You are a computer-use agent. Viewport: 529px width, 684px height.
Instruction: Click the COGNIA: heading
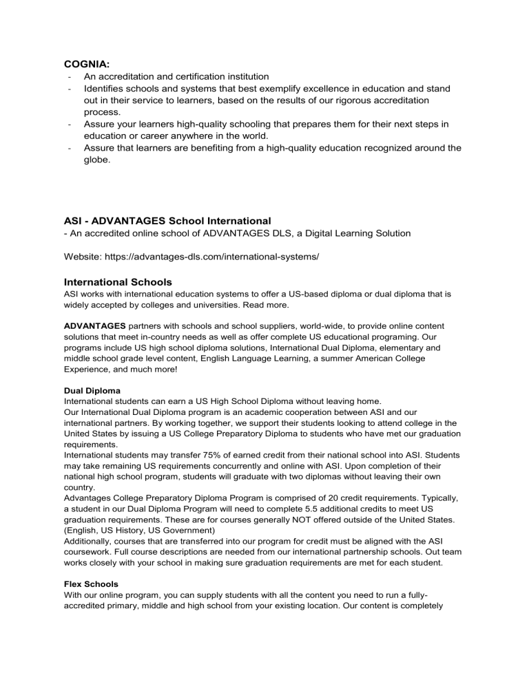point(87,63)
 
